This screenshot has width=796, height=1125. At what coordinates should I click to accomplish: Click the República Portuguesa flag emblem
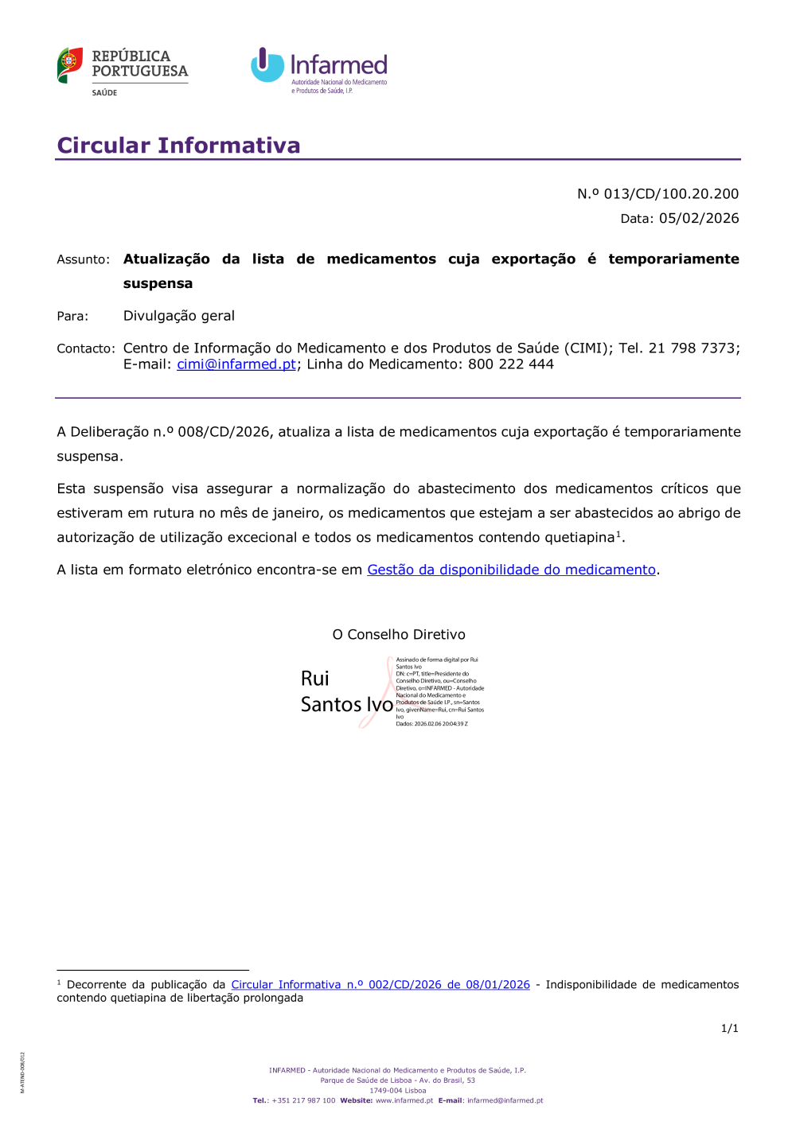[x=70, y=64]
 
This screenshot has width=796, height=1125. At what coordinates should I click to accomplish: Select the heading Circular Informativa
[x=178, y=146]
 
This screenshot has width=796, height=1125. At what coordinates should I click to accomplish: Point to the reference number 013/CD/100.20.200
[x=671, y=194]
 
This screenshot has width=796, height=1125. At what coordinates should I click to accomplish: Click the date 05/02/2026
[x=699, y=219]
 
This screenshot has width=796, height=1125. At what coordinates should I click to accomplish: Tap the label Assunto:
[x=83, y=259]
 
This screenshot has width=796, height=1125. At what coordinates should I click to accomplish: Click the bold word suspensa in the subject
[x=158, y=284]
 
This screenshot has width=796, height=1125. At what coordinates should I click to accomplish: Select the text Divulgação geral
[x=179, y=316]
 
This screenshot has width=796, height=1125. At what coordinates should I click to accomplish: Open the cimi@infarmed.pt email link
[x=236, y=364]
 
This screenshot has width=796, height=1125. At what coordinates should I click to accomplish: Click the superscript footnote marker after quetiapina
[x=618, y=534]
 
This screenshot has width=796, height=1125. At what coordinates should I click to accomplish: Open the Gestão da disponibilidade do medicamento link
[x=511, y=570]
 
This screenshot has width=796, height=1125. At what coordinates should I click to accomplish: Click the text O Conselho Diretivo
[x=399, y=635]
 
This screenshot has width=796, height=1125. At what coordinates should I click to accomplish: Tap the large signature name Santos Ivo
[x=347, y=705]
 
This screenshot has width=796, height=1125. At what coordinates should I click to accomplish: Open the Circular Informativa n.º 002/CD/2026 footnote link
[x=380, y=985]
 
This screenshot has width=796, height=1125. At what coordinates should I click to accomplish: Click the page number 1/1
[x=729, y=1029]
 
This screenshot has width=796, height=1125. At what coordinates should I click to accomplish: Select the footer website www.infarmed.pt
[x=404, y=1101]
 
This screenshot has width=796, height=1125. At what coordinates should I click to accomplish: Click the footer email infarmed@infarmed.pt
[x=505, y=1101]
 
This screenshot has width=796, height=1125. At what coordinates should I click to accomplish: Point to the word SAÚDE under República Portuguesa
[x=104, y=93]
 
